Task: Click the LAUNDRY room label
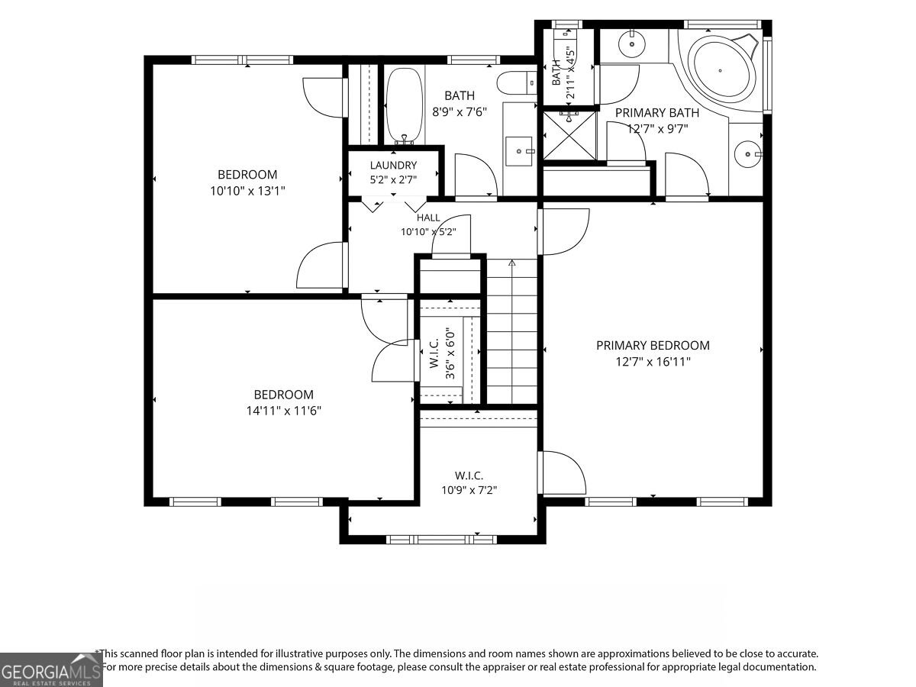[393, 165]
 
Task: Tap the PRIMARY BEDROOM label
[653, 345]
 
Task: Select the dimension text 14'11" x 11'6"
[283, 411]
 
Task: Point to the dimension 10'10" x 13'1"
[247, 191]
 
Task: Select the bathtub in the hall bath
[405, 106]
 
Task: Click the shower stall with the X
[569, 135]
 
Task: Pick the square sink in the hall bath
[519, 151]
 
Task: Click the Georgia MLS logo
[51, 669]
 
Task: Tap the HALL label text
[428, 218]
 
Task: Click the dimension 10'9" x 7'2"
[469, 490]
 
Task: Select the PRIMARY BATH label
[657, 113]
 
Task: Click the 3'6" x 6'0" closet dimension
[450, 353]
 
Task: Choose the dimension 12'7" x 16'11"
[653, 362]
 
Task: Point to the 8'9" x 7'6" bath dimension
[459, 111]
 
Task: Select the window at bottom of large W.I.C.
[441, 540]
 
